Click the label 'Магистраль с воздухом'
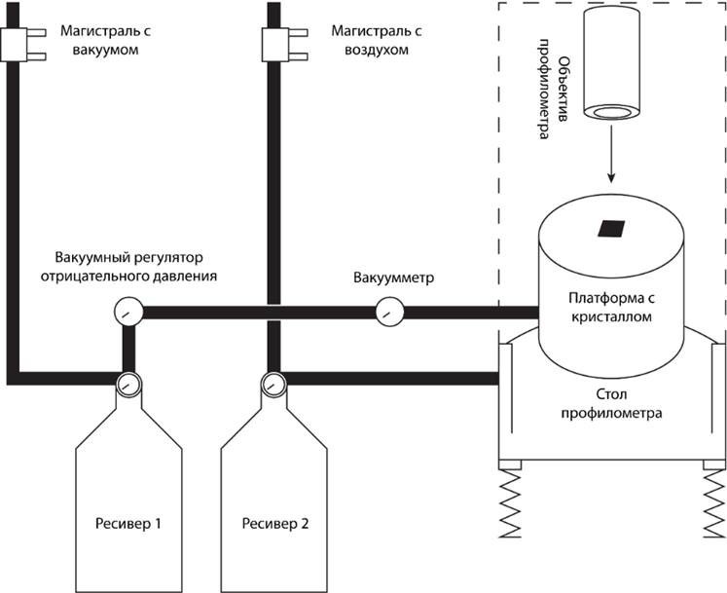pos(377,41)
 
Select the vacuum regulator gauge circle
pos(127,313)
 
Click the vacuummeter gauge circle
pos(389,313)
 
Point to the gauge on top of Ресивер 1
pos(127,384)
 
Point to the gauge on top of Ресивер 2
pos(272,384)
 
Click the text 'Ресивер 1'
pos(127,523)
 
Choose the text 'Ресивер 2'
pos(273,523)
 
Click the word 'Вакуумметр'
pos(394,279)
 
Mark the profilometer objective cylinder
pos(612,63)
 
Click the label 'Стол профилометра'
pos(611,406)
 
